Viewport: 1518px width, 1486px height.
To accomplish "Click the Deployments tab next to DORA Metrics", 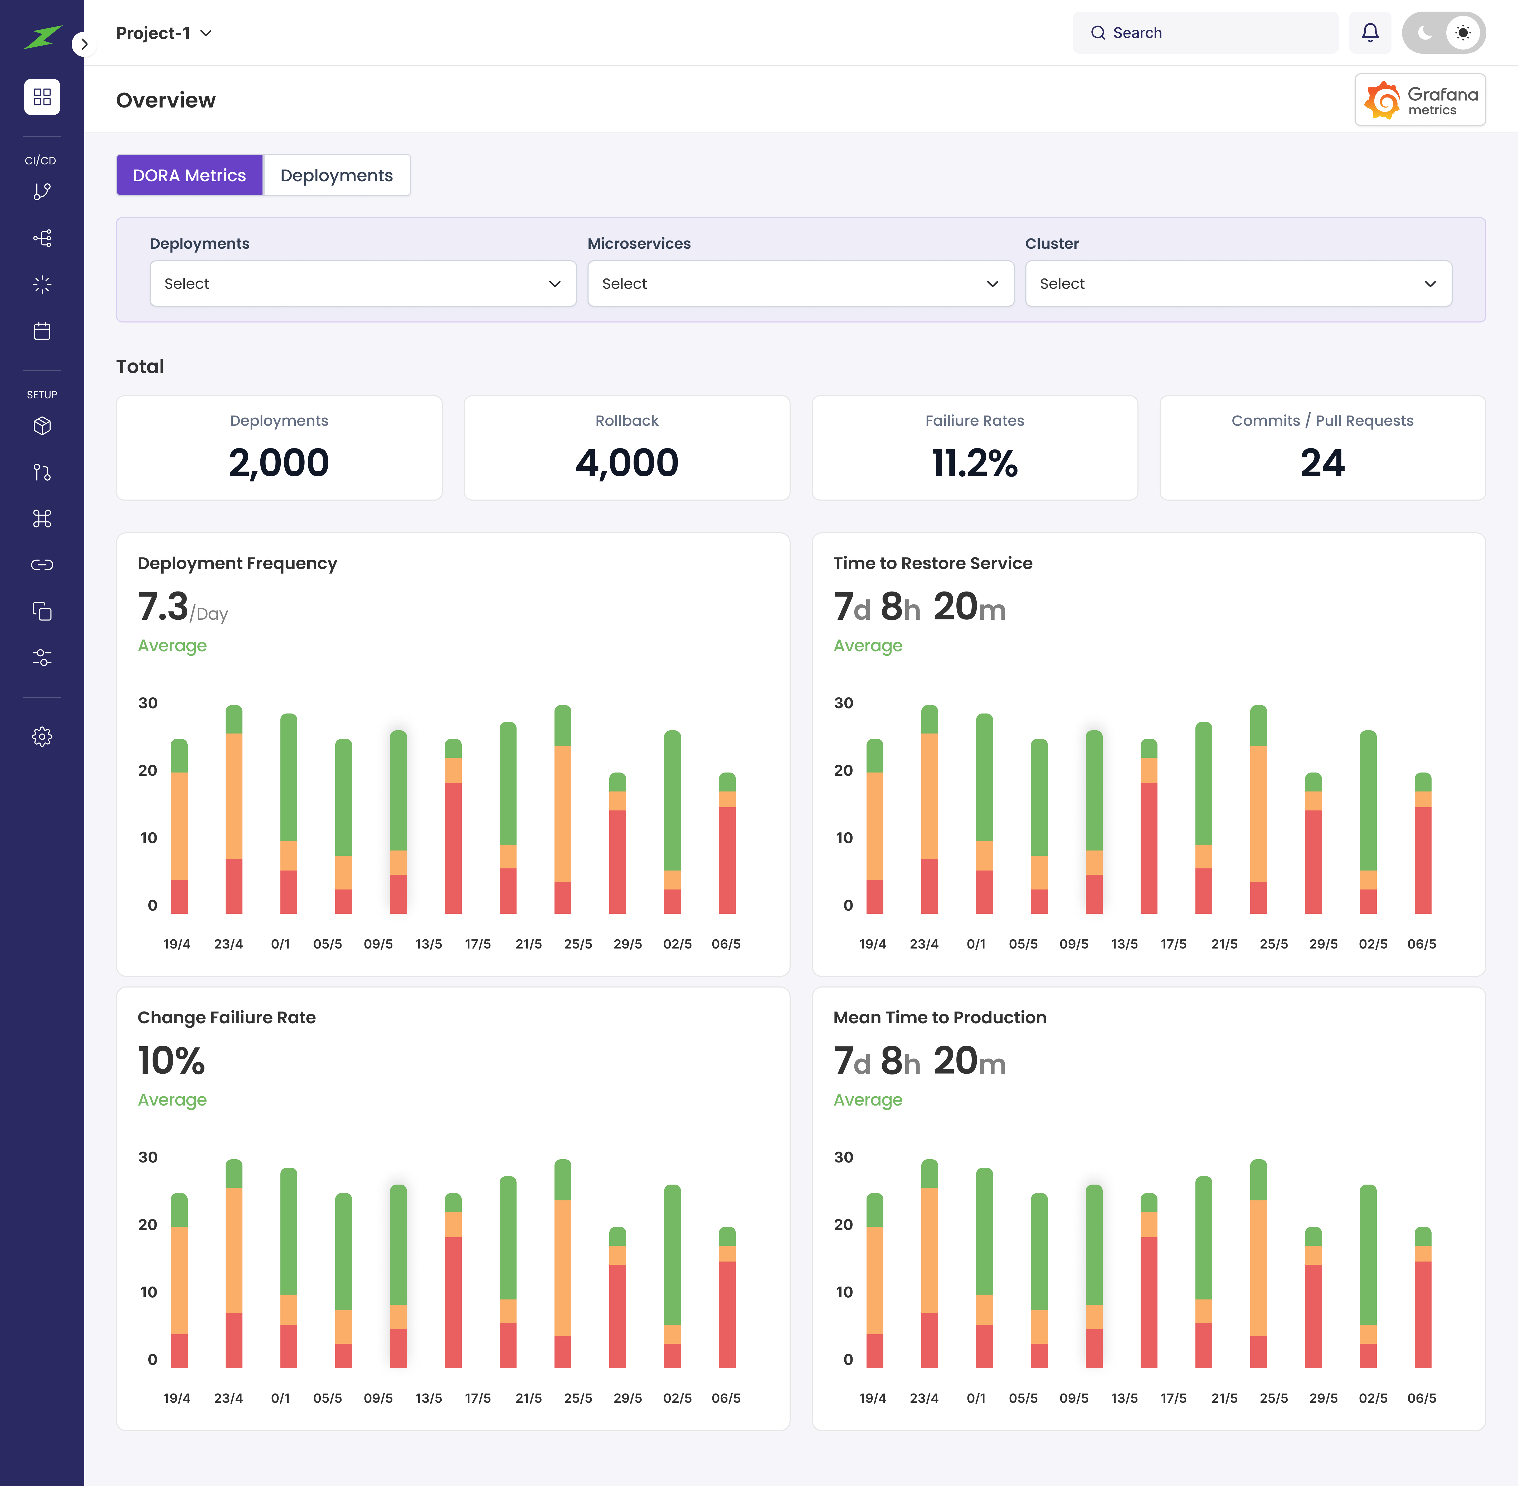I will (x=336, y=175).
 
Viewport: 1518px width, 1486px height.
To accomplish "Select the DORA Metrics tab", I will (x=190, y=175).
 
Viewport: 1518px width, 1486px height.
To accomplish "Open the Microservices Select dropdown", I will (x=800, y=283).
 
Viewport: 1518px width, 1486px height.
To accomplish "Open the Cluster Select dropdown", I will (x=1238, y=283).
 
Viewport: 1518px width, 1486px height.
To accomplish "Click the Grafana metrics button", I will (x=1420, y=100).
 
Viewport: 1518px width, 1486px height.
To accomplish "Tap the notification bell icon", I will (x=1370, y=33).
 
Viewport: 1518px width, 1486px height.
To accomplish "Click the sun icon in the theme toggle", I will (x=1463, y=33).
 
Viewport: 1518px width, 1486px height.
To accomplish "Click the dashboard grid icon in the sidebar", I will (x=42, y=97).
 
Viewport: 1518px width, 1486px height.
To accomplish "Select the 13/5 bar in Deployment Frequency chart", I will (x=453, y=827).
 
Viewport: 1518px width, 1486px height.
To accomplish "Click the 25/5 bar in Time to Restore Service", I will (x=1258, y=812).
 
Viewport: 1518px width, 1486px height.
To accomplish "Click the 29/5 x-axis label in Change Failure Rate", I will (x=627, y=1398).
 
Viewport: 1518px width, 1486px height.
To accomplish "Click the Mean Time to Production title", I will (x=940, y=1018).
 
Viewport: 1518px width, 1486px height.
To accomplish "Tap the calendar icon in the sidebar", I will (x=42, y=331).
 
